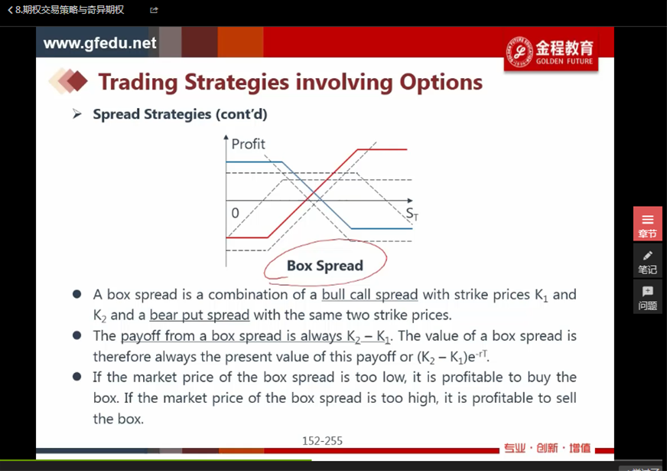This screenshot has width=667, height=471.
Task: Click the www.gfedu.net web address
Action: click(100, 43)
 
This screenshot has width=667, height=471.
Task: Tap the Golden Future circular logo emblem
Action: click(519, 52)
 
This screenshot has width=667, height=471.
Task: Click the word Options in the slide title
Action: click(441, 82)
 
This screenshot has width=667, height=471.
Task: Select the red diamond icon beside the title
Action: click(77, 81)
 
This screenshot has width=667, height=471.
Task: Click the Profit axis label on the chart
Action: click(248, 144)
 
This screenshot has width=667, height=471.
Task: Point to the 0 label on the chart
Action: click(236, 213)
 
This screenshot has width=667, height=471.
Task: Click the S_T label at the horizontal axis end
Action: click(412, 214)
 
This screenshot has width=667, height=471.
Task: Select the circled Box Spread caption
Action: click(325, 265)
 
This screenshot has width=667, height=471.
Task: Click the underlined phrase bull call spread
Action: click(369, 295)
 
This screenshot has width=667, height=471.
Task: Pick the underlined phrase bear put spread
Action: click(200, 315)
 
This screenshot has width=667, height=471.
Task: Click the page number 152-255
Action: click(323, 441)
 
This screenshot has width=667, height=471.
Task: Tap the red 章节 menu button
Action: click(647, 224)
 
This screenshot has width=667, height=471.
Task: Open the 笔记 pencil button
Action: click(647, 261)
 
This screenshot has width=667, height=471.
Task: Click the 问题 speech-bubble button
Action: click(647, 297)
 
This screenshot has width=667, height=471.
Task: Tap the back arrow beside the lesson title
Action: click(10, 10)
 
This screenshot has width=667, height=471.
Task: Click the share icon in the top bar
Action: click(154, 10)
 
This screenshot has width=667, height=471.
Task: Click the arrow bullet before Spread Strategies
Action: click(77, 113)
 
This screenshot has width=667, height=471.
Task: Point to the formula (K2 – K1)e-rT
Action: click(452, 356)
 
